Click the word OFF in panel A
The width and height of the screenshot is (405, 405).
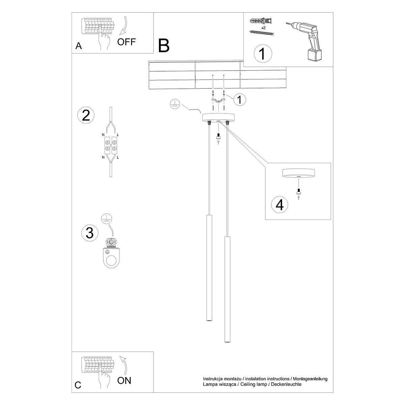pyautogui.click(x=127, y=42)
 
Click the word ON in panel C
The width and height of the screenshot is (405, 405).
pyautogui.click(x=124, y=381)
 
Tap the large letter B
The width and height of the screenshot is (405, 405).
pyautogui.click(x=164, y=46)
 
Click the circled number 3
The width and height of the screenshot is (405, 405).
pyautogui.click(x=90, y=233)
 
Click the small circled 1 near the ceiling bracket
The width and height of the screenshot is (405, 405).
pyautogui.click(x=239, y=100)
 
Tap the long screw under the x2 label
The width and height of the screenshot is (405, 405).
pyautogui.click(x=262, y=32)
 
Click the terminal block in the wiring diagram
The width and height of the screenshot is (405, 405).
pyautogui.click(x=110, y=145)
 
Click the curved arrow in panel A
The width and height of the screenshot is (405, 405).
pyautogui.click(x=123, y=25)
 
